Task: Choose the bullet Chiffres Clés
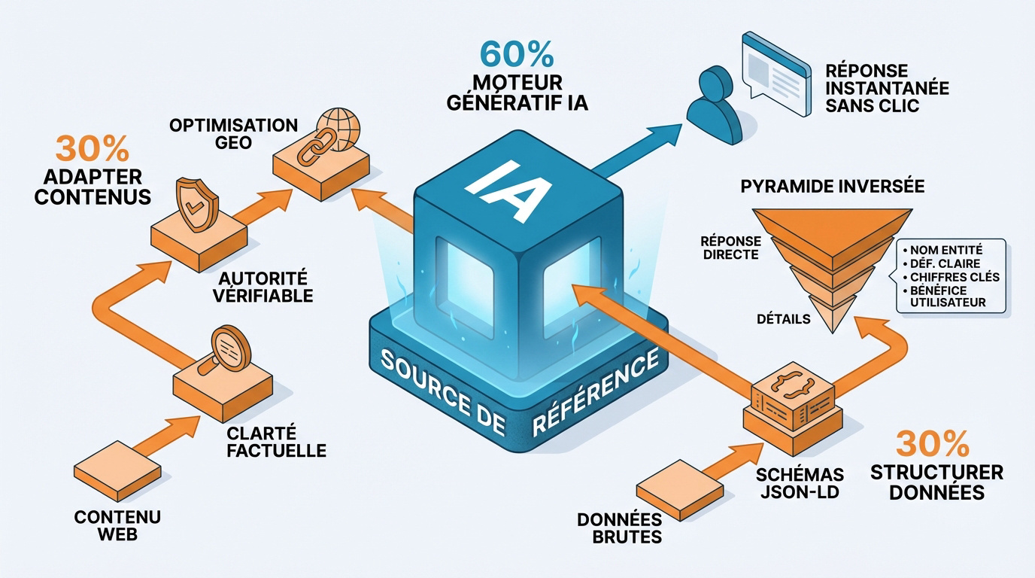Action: click(948, 277)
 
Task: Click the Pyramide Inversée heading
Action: click(833, 186)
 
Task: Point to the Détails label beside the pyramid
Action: click(783, 319)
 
